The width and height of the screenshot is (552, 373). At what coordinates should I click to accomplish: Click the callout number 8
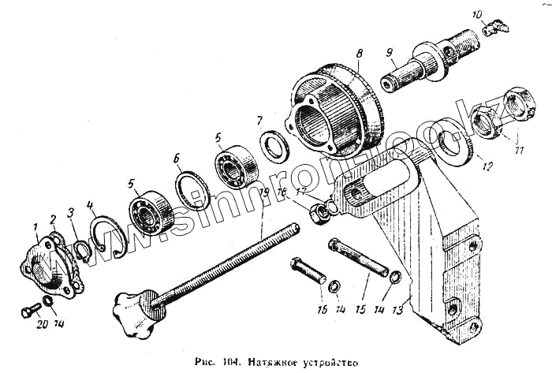coord(359,54)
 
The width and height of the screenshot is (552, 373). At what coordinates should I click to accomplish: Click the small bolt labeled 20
coord(29,310)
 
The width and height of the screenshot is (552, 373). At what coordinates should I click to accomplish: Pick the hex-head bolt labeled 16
coord(308,272)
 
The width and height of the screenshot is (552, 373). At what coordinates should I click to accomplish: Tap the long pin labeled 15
coord(360,259)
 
